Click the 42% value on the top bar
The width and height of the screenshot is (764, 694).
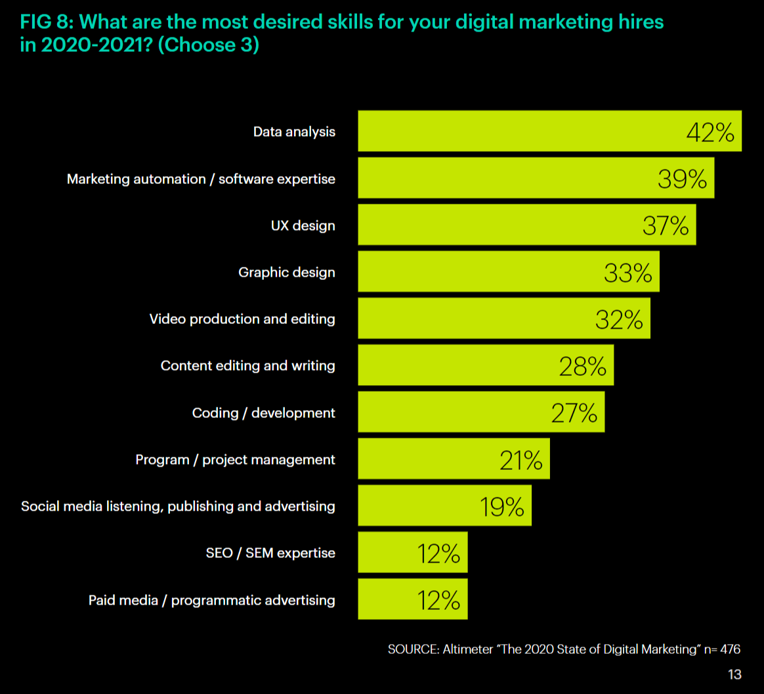[710, 132]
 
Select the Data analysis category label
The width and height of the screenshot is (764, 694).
[294, 132]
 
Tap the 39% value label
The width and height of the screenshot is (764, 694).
[682, 179]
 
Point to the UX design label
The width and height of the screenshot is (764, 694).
[303, 225]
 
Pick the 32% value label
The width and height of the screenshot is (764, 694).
[619, 319]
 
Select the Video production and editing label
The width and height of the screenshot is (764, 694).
[242, 319]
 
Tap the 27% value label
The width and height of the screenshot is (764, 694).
[574, 413]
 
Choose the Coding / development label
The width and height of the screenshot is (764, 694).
[263, 413]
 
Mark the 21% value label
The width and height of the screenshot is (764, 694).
[520, 460]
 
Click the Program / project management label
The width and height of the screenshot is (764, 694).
[235, 460]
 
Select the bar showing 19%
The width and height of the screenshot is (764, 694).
[444, 507]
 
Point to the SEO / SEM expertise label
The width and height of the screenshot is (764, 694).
[270, 553]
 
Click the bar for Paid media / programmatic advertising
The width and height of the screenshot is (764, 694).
[412, 600]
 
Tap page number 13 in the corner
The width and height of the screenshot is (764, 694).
[734, 674]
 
